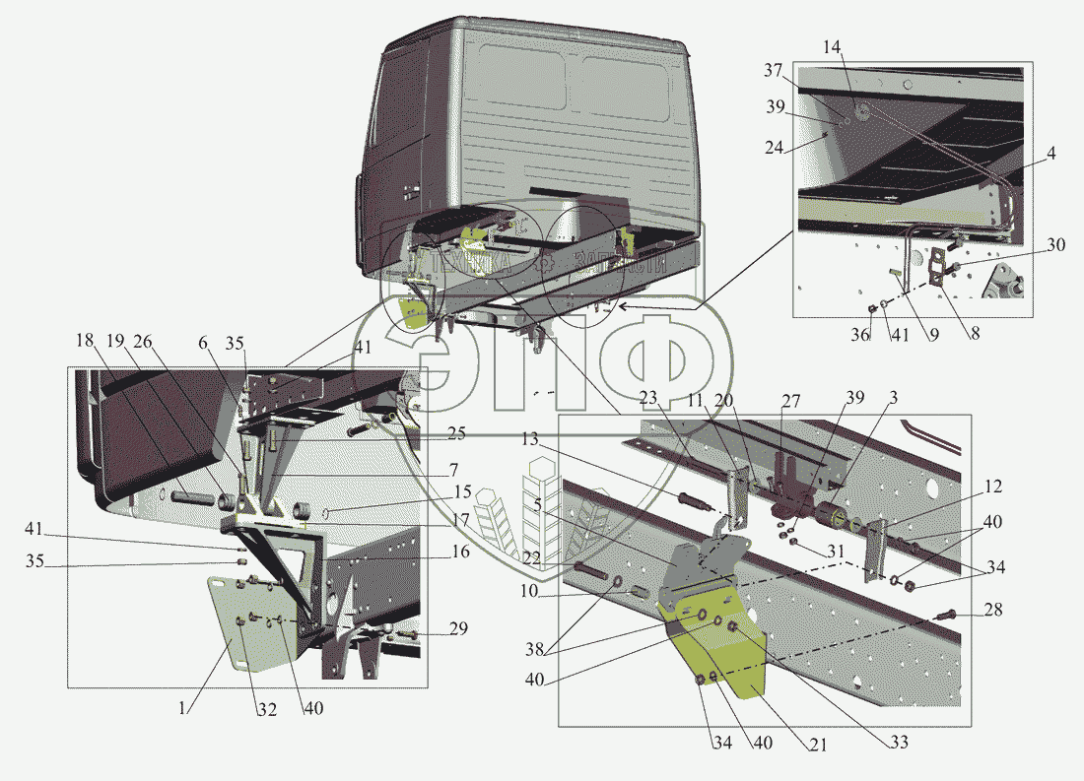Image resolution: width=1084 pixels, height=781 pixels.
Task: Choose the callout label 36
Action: pos(861,335)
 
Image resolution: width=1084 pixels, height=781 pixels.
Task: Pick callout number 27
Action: pos(790,402)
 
